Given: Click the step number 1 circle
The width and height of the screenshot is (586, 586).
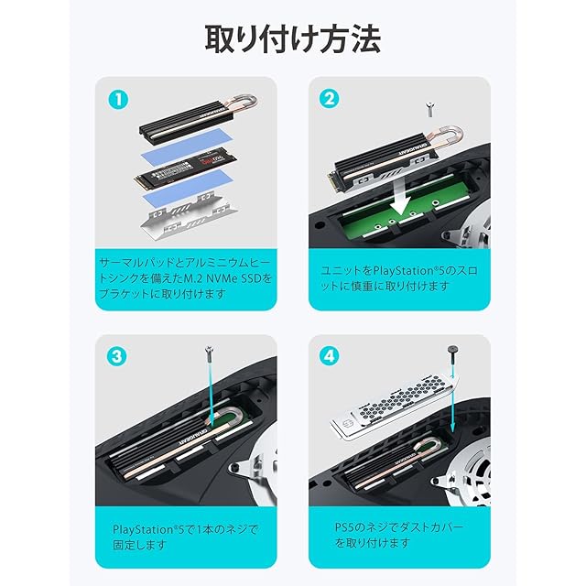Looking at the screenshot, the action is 118,100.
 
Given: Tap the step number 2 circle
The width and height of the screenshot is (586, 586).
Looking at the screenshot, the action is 330,100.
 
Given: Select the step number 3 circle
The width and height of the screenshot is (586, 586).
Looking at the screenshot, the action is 117,356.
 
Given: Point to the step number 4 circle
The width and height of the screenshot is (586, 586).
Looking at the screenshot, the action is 330,356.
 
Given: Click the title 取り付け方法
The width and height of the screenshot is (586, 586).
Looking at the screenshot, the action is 293,39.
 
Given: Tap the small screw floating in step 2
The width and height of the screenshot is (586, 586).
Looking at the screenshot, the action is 430,110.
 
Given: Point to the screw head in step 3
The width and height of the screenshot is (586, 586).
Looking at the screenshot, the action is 209,352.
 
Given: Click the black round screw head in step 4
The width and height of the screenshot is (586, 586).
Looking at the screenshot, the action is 453,350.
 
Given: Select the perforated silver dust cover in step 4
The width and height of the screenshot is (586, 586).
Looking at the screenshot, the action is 396,409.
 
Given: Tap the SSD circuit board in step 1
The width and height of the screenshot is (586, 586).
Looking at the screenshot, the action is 185,168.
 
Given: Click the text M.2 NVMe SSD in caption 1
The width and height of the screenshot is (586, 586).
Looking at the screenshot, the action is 228,278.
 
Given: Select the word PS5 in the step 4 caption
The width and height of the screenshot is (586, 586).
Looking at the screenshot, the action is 345,527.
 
